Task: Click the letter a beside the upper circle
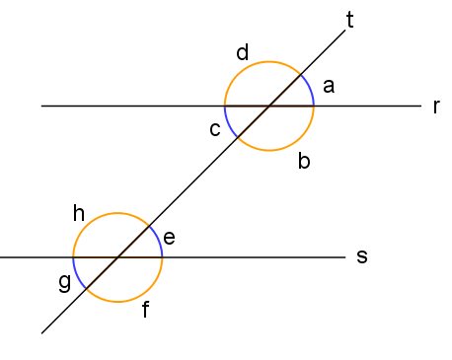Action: [x=329, y=88]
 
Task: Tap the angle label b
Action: [x=304, y=161]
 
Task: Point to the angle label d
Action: [x=243, y=52]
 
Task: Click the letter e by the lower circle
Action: [x=169, y=237]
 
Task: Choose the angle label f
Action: [x=145, y=311]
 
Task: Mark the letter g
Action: [x=64, y=283]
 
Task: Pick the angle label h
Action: [x=80, y=212]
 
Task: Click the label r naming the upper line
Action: [x=435, y=107]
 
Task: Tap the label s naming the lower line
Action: [x=361, y=256]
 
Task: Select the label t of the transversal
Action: [x=351, y=18]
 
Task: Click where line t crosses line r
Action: [x=269, y=106]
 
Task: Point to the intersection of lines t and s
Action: [x=117, y=257]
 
